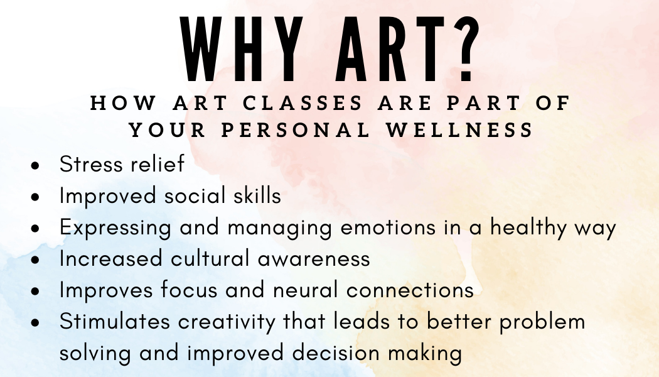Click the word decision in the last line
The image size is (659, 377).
click(330, 353)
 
